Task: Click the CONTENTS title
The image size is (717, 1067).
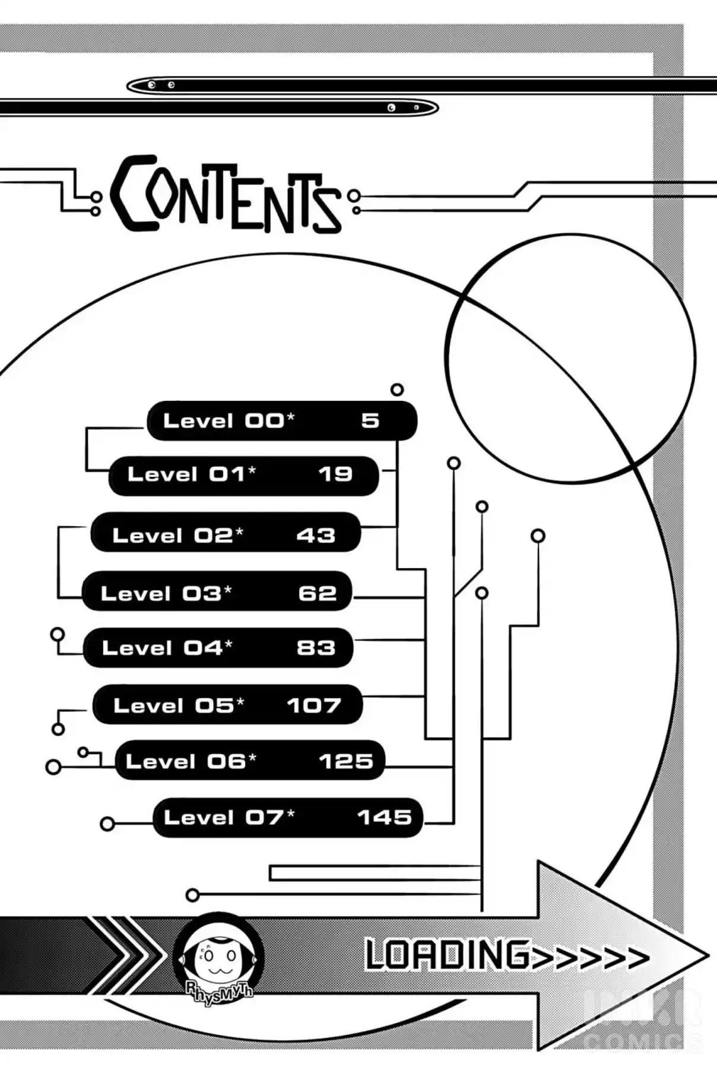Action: (226, 194)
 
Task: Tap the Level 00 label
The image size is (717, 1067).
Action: (229, 420)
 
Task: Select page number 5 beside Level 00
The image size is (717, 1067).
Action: (370, 420)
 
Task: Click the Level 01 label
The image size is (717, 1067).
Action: (192, 474)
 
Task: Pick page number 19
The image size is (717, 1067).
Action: (335, 474)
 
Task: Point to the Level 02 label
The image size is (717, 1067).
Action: (177, 535)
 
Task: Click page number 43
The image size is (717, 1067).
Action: (316, 535)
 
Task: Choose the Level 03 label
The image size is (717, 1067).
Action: (166, 593)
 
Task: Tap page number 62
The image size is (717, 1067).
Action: (318, 593)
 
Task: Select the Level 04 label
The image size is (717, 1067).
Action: (167, 647)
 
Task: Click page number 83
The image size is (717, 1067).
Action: (316, 647)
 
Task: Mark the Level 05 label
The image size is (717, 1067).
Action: (179, 705)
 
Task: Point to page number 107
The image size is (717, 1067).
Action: (314, 705)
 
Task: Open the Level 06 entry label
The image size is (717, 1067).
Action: (191, 761)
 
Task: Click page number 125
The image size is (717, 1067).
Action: (346, 761)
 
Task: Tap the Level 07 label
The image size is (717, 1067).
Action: (229, 817)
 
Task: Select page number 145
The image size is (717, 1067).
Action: (385, 817)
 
